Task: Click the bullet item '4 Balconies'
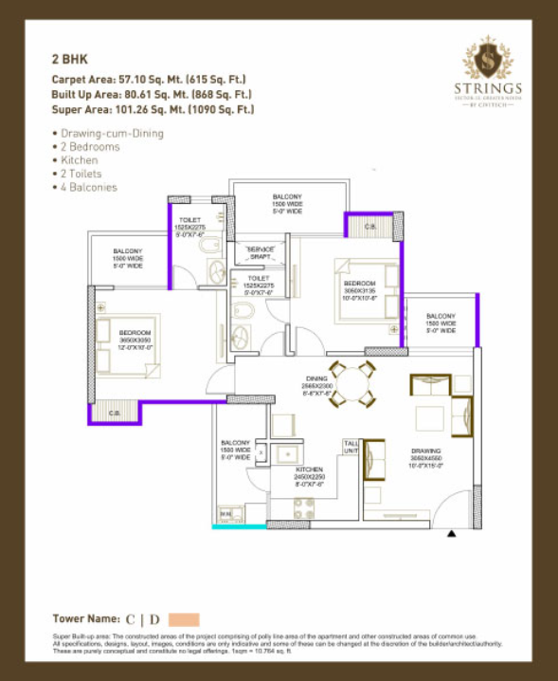coord(87,188)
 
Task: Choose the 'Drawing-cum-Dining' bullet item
coord(110,134)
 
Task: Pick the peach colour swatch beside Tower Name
coord(184,619)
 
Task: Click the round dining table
coord(352,383)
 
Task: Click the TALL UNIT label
coord(351,446)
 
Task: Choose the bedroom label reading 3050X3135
coord(359,289)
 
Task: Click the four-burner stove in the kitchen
coord(304,507)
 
